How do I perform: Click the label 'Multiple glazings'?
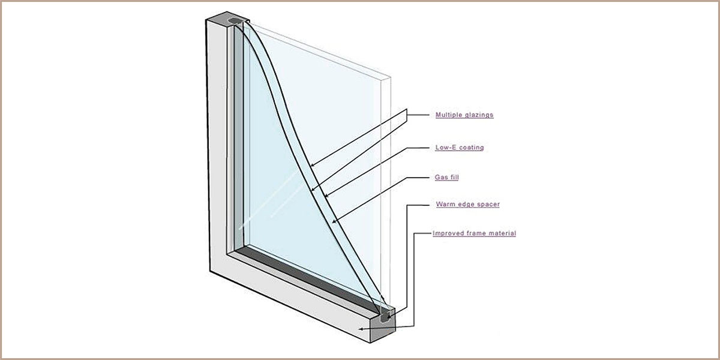(464, 115)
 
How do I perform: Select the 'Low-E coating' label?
(460, 148)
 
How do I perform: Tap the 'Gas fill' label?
(447, 177)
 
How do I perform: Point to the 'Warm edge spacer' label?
(468, 204)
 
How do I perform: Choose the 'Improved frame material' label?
(475, 233)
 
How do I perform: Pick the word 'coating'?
(472, 148)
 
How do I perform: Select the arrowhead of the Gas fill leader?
(334, 221)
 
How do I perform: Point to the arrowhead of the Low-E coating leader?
(326, 195)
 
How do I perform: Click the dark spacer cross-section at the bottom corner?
(385, 317)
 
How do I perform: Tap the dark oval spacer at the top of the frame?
(235, 22)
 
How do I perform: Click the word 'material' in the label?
(502, 233)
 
